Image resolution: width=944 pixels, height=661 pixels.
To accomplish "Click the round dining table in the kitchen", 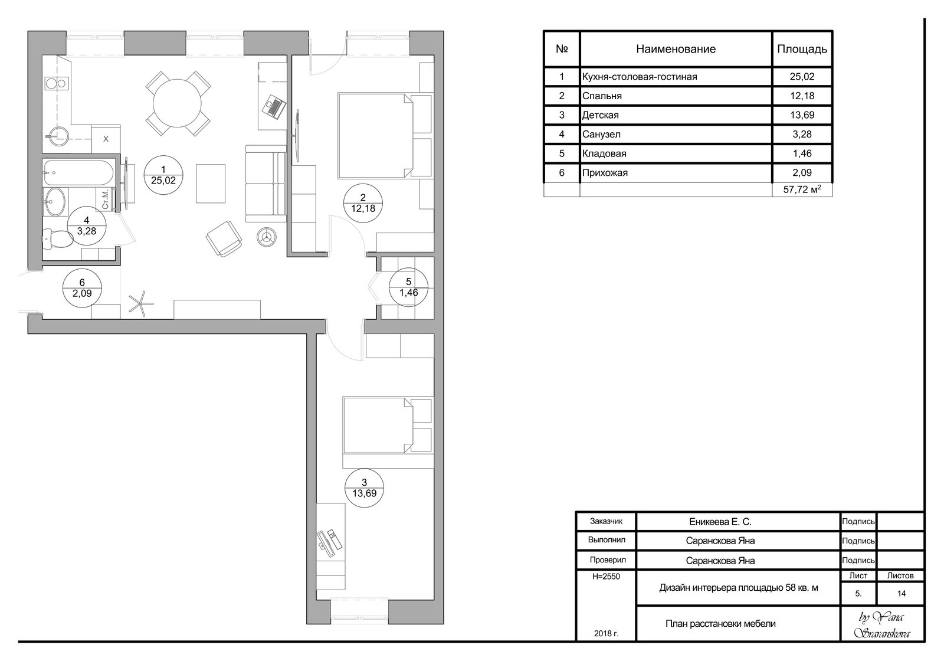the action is tap(178, 103).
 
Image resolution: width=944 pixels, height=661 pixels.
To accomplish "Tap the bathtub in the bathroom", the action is tap(78, 172).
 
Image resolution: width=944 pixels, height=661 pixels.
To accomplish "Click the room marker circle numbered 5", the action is tap(408, 287).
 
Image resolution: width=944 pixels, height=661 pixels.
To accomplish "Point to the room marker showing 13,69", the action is tap(364, 487).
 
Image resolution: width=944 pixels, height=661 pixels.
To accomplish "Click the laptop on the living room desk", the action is tap(274, 107).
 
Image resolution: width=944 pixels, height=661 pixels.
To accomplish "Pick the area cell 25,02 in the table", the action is tap(802, 77).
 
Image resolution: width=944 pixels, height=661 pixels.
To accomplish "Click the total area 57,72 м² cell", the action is tap(802, 189).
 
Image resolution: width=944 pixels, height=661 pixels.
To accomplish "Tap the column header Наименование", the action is tap(676, 49).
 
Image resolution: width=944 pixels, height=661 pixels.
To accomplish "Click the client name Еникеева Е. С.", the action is tap(720, 522).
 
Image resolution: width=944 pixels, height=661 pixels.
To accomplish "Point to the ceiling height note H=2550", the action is tap(606, 576).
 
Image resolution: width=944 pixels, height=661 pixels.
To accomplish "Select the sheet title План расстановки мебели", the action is tap(720, 623).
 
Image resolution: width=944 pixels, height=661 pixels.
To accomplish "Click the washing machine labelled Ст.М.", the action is tap(106, 199).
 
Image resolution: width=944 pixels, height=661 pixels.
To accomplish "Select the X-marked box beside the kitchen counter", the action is tap(106, 139).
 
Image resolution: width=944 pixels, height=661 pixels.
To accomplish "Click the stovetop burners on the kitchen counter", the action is tap(56, 83).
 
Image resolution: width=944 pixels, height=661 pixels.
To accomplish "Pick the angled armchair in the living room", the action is tap(224, 238).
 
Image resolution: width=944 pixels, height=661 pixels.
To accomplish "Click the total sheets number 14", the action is tap(901, 594).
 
